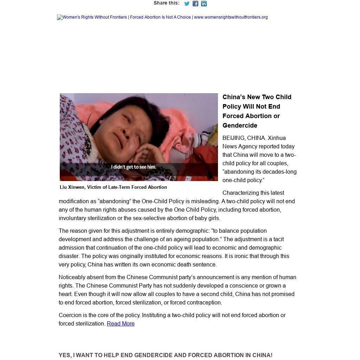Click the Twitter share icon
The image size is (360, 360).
click(x=187, y=4)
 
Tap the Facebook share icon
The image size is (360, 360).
click(x=195, y=4)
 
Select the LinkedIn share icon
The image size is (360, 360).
click(x=204, y=4)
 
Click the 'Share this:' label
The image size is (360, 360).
click(x=166, y=3)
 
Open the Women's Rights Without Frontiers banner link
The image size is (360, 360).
click(x=162, y=17)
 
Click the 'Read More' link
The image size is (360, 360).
click(x=121, y=324)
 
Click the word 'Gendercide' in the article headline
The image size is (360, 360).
click(x=240, y=126)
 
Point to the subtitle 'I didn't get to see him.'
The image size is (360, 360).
click(x=134, y=167)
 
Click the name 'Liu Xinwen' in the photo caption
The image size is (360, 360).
click(x=72, y=187)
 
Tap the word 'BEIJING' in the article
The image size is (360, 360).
click(x=234, y=138)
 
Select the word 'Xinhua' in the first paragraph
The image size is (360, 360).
click(x=277, y=138)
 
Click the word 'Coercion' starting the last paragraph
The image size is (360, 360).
click(x=70, y=315)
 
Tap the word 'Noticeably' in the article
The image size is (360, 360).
click(x=72, y=277)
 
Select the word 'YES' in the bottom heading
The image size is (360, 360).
click(x=65, y=355)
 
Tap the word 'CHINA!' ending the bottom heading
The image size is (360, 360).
click(x=262, y=355)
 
